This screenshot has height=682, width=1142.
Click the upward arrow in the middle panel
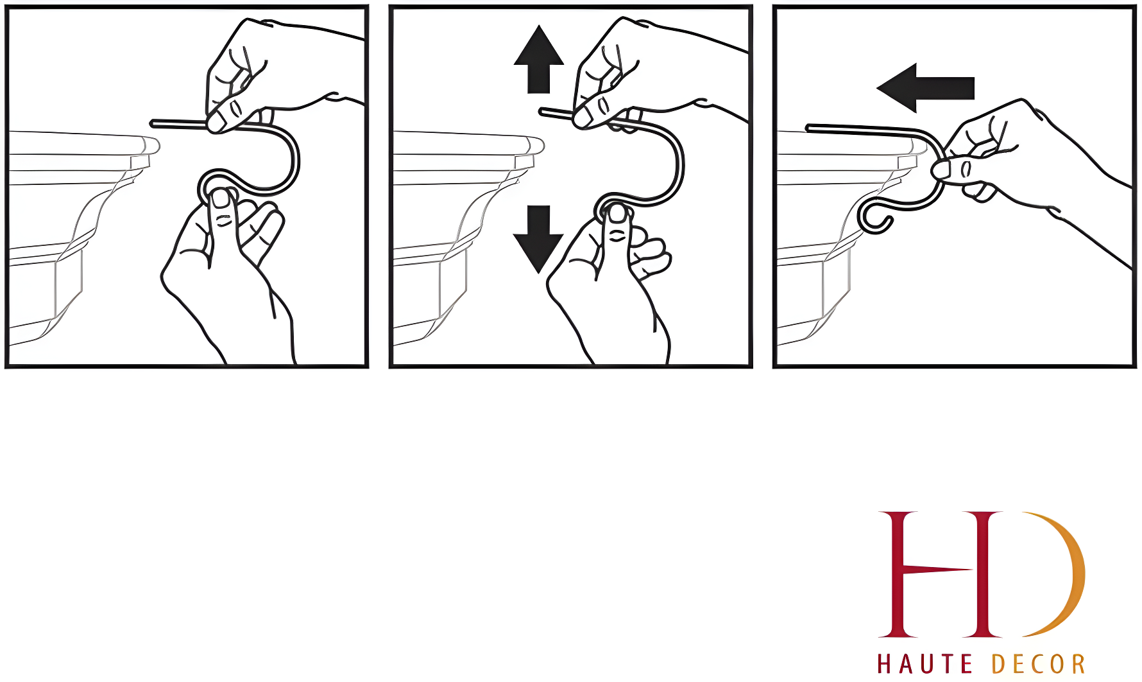tap(539, 59)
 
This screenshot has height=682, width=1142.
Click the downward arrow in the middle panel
tap(538, 239)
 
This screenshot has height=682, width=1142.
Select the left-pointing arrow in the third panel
tap(926, 88)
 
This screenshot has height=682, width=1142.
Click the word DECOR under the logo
tap(1039, 664)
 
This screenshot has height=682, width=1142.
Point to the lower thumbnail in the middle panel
tap(617, 213)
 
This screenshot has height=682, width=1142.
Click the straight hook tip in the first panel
tap(153, 122)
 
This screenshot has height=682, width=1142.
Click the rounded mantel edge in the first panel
tap(153, 145)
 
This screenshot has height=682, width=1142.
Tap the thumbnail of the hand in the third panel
tap(941, 170)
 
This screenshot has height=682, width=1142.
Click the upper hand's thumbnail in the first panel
tap(217, 121)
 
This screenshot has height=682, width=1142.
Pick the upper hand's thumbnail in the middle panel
tap(583, 116)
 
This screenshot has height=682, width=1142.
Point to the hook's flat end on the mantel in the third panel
tap(810, 128)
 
